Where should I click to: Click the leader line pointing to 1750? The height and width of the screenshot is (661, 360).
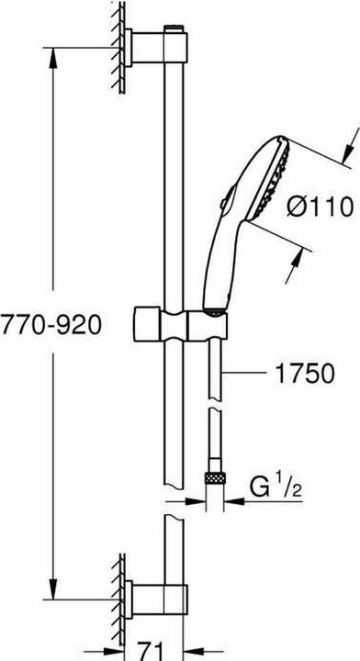pos(245,374)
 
